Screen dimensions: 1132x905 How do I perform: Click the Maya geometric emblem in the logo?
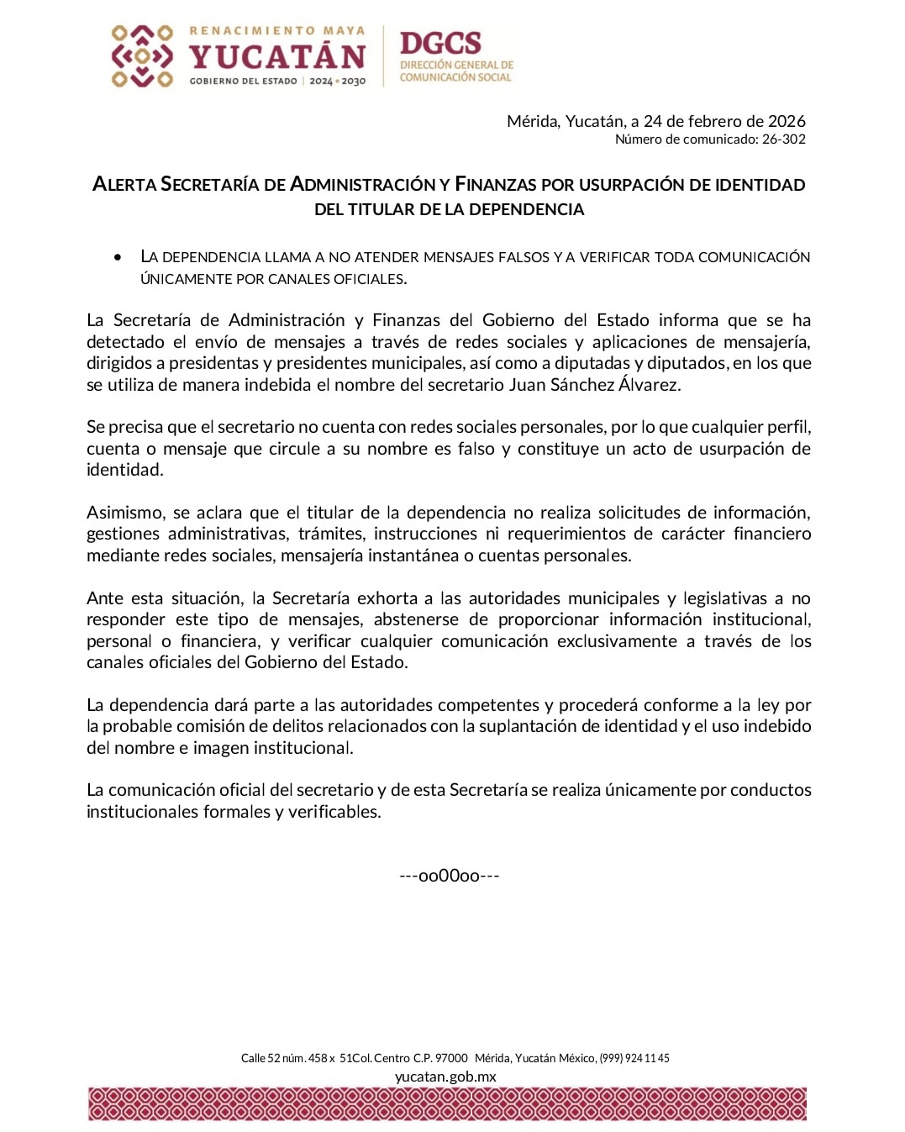click(x=142, y=56)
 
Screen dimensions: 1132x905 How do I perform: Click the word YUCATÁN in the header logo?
click(x=277, y=57)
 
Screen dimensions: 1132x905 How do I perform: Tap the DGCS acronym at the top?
click(x=440, y=43)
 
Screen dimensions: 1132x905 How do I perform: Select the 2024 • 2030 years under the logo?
click(x=337, y=82)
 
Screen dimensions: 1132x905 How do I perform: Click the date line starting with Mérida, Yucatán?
click(x=655, y=121)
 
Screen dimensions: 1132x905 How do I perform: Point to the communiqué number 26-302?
click(x=783, y=140)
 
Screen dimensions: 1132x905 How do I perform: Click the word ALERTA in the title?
click(x=124, y=184)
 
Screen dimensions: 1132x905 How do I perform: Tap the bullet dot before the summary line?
click(x=118, y=257)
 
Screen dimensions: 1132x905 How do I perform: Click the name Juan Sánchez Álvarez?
click(x=594, y=385)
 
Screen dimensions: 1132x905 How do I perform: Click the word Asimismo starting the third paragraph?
click(x=126, y=513)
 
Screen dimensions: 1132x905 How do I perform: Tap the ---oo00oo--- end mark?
click(x=450, y=876)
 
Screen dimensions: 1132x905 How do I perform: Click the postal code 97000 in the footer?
click(x=451, y=1058)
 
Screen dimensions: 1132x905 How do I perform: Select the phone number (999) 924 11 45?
click(x=634, y=1058)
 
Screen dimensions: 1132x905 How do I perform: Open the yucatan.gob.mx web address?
click(x=445, y=1077)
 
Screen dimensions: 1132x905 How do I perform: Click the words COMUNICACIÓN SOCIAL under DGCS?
click(x=455, y=77)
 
